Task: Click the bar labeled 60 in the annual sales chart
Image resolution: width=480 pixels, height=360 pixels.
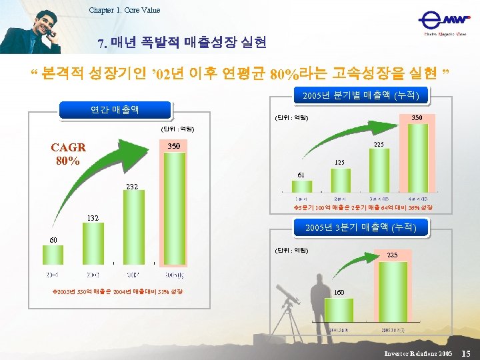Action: [x=53, y=255]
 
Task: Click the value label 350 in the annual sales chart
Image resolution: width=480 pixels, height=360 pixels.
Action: [x=173, y=145]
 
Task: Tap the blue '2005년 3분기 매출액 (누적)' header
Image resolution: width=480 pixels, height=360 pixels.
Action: [x=360, y=228]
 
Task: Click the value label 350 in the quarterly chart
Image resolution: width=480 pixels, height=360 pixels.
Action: [x=416, y=117]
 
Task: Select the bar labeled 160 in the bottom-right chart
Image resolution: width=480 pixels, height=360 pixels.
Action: [x=339, y=313]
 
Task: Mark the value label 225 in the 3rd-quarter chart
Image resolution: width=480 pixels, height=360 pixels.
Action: [x=392, y=255]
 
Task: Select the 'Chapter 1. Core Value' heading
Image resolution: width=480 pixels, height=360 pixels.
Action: [x=125, y=10]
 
